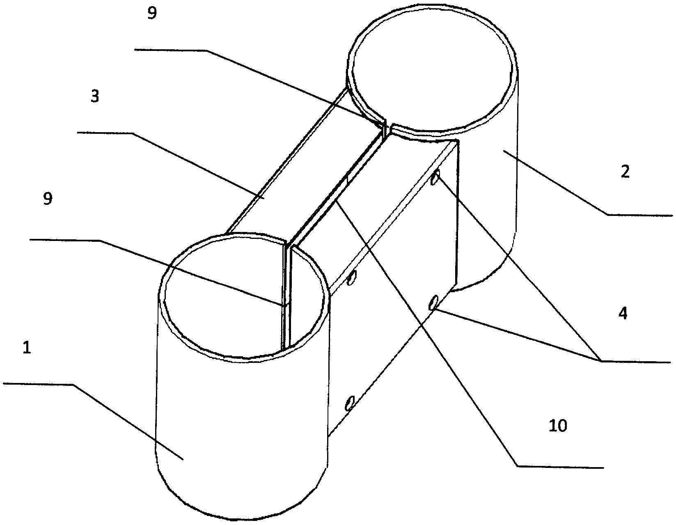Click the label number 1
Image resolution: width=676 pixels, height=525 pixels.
click(x=27, y=348)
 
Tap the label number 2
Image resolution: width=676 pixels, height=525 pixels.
click(x=625, y=172)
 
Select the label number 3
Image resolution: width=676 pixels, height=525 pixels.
click(x=95, y=97)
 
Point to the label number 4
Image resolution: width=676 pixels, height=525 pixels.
click(x=623, y=314)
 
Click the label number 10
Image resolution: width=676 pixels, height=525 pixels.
click(x=558, y=426)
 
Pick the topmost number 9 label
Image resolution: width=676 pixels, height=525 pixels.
click(x=152, y=14)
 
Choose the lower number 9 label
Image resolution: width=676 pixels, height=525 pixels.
click(x=48, y=199)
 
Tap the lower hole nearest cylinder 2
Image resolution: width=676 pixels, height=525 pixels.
click(x=432, y=303)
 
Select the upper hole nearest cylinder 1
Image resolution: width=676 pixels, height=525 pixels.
click(x=351, y=278)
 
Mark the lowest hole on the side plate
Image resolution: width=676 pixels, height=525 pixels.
click(x=349, y=403)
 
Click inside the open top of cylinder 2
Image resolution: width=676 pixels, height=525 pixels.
click(x=431, y=70)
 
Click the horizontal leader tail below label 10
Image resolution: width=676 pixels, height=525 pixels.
click(x=560, y=466)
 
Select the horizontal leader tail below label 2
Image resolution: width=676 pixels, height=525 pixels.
click(x=640, y=215)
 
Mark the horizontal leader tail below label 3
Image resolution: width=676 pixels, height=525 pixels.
click(x=105, y=133)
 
